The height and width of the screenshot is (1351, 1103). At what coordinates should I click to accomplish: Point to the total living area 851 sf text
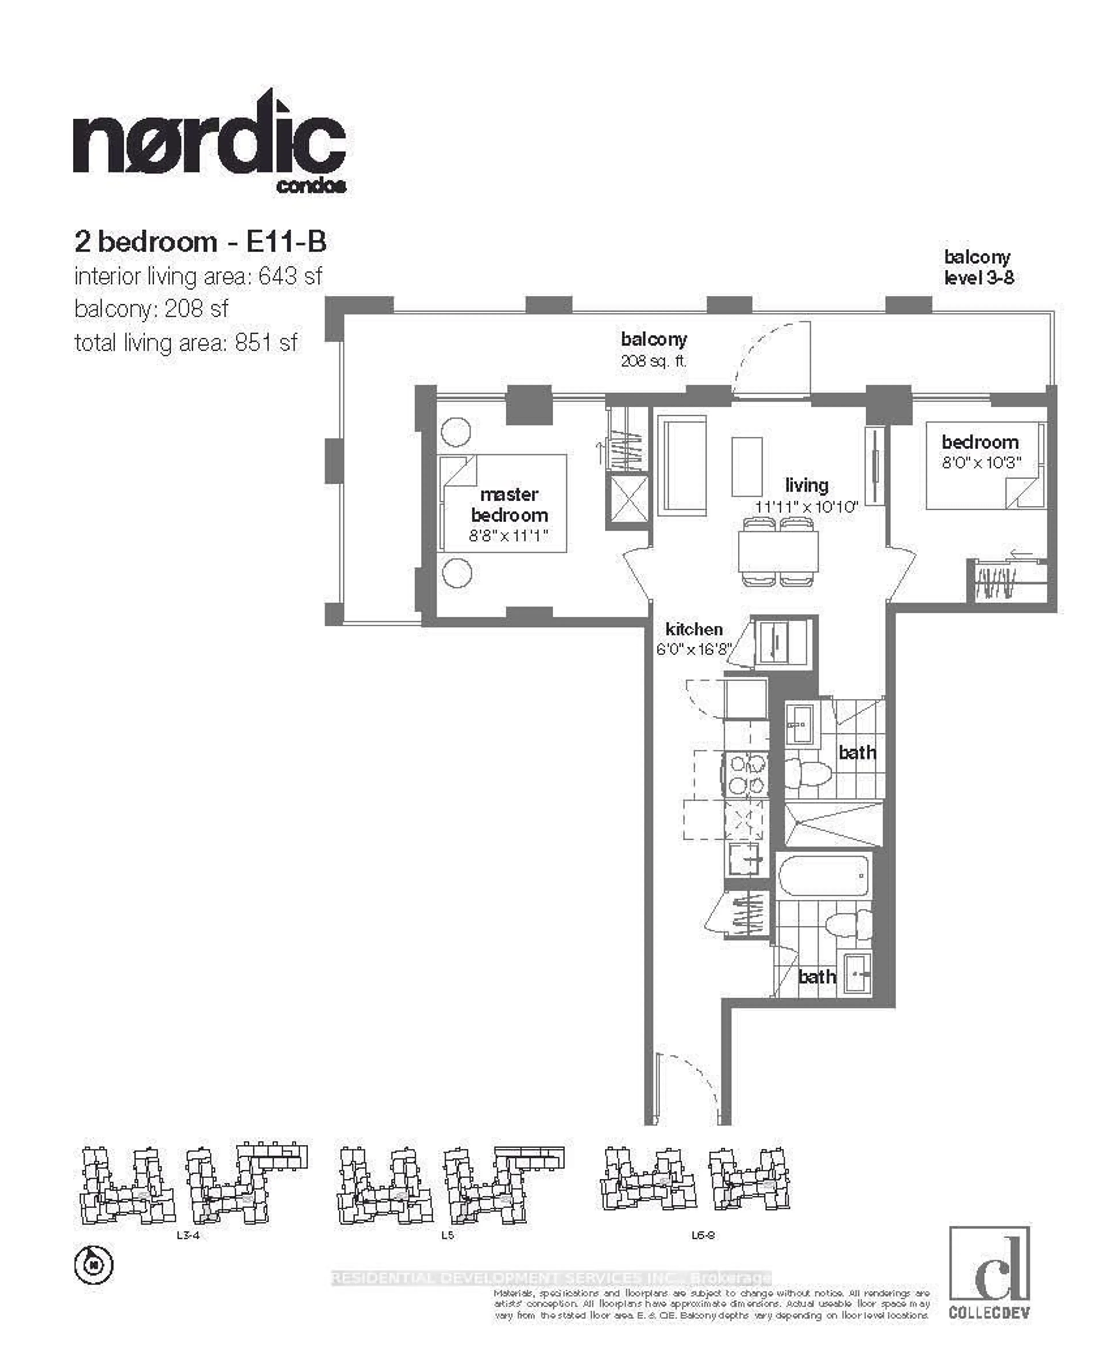pyautogui.click(x=186, y=343)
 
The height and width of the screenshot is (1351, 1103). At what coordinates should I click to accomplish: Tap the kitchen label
pyautogui.click(x=694, y=629)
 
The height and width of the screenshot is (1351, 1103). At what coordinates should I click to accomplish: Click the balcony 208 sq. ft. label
pyautogui.click(x=654, y=349)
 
